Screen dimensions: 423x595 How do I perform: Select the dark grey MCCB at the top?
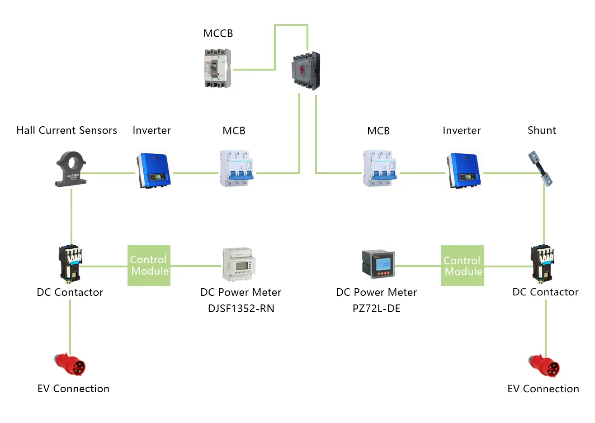tap(306, 71)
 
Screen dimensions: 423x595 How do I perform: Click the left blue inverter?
tap(153, 171)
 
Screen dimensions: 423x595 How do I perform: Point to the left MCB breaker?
tap(236, 168)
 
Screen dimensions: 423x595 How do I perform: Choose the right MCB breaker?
tap(380, 168)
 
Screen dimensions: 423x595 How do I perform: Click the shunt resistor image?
tap(541, 169)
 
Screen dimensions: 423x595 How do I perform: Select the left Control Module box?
tap(149, 266)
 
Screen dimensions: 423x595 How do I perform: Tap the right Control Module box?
tap(463, 266)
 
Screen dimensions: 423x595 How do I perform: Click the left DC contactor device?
tap(71, 263)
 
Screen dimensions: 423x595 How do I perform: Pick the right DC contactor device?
tap(543, 263)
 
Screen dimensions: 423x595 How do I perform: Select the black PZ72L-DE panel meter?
tap(378, 264)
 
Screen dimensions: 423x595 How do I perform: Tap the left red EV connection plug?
tap(71, 365)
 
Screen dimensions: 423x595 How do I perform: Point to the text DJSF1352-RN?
tap(241, 309)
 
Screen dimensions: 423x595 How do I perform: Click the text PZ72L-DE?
tap(376, 309)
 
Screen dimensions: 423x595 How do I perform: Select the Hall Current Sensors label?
tap(66, 130)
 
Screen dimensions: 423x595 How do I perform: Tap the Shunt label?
tap(542, 130)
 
